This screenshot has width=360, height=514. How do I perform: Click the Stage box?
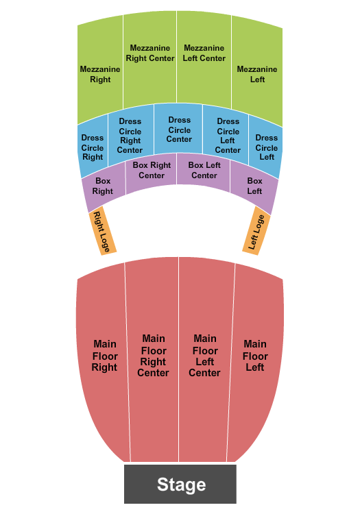(x=180, y=484)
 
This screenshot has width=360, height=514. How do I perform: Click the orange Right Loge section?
(x=103, y=231)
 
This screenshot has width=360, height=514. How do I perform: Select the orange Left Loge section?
(x=256, y=231)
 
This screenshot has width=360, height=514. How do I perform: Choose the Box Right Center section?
(x=152, y=171)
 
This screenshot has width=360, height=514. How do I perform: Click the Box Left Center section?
(x=204, y=171)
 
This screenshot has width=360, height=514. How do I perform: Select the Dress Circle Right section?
(x=93, y=147)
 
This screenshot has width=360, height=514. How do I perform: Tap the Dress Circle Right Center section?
(x=130, y=136)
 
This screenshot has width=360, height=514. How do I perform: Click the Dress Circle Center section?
(x=179, y=130)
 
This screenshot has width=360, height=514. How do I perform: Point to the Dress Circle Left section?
(x=266, y=147)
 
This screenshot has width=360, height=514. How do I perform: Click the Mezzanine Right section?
(x=100, y=74)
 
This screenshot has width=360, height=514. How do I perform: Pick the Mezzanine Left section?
(x=257, y=74)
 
